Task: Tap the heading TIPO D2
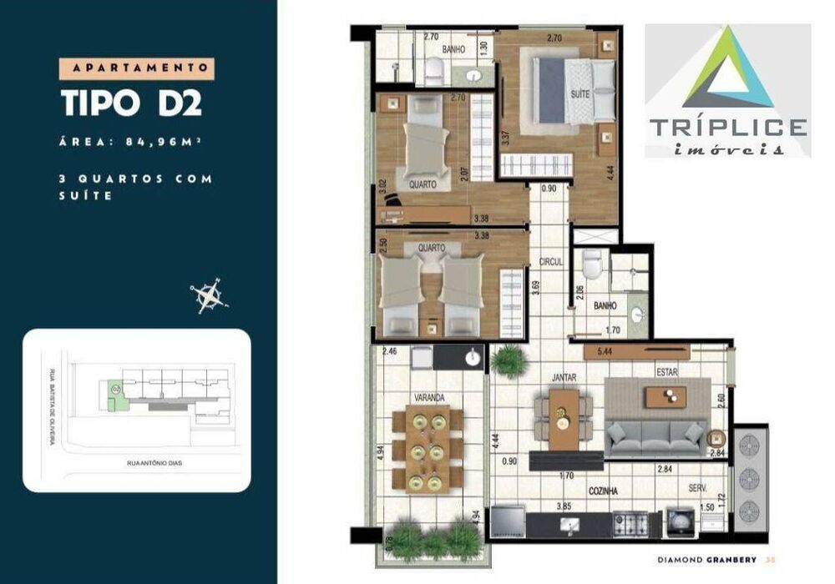tap(131, 103)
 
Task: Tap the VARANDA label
tap(427, 397)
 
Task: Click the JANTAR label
tap(564, 377)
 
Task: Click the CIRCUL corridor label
tap(551, 261)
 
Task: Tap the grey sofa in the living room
tap(655, 436)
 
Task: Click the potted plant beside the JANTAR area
tap(509, 363)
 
